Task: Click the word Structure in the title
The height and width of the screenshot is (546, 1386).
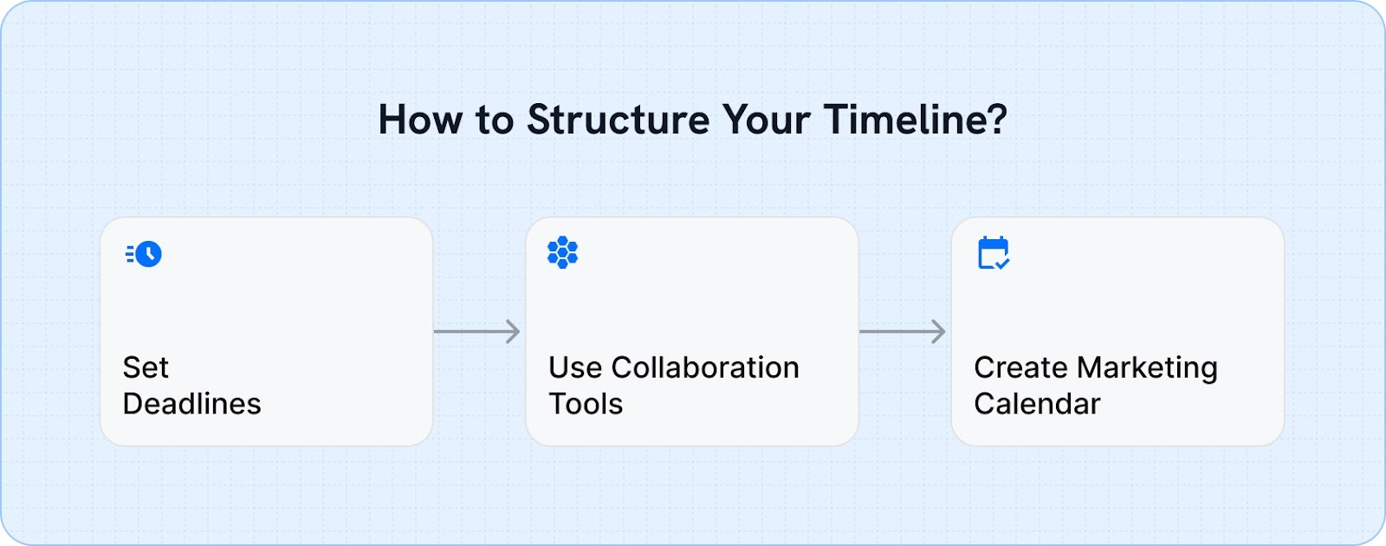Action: [618, 120]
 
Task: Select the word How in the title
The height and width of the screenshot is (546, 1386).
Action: [420, 120]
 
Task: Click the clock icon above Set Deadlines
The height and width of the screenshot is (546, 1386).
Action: [145, 254]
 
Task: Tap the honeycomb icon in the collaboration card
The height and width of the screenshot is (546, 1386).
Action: [563, 252]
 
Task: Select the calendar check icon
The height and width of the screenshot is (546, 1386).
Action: [993, 253]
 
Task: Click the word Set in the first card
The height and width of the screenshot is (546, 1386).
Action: [146, 367]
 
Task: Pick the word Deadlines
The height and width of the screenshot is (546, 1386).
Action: [191, 404]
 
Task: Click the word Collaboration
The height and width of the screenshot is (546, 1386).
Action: [705, 367]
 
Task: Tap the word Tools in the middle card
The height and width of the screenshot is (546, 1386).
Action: [586, 404]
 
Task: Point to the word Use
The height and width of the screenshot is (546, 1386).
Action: [574, 367]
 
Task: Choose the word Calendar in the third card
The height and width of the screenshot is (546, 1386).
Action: [1037, 404]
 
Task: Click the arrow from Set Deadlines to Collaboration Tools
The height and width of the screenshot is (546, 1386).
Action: [476, 331]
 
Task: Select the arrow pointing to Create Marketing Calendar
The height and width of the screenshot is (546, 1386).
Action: [901, 331]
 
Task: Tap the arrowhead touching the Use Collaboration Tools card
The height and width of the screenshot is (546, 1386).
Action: [514, 331]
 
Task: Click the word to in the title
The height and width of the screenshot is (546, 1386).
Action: [495, 120]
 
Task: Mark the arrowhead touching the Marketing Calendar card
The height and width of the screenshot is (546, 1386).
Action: [939, 331]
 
